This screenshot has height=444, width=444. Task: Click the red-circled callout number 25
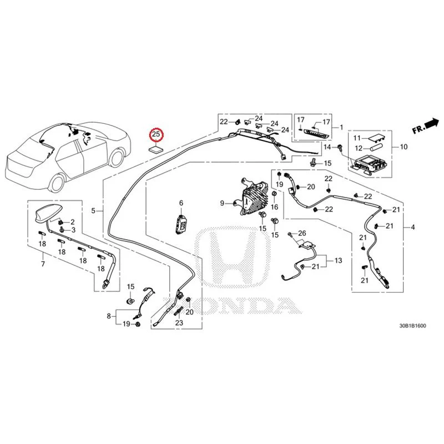(x=156, y=134)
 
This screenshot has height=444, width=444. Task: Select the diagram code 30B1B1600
(x=412, y=326)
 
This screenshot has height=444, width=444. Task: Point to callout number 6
(x=181, y=203)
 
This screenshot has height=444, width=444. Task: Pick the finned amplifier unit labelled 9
(x=251, y=198)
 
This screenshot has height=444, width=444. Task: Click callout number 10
(x=404, y=147)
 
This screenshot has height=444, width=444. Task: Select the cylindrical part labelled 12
(x=376, y=148)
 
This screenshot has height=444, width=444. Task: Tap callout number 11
(x=357, y=138)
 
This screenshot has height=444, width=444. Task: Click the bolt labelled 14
(x=339, y=148)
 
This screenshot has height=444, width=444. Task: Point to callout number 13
(x=338, y=260)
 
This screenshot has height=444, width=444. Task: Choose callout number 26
(x=302, y=233)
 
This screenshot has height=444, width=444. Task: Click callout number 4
(x=412, y=227)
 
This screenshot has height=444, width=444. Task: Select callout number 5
(x=93, y=211)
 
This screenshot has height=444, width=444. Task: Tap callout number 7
(x=43, y=264)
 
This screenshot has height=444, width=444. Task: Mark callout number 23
(x=179, y=322)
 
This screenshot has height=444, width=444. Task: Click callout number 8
(x=109, y=316)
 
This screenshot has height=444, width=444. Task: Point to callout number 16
(x=274, y=207)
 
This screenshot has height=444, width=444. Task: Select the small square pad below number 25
(x=156, y=150)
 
